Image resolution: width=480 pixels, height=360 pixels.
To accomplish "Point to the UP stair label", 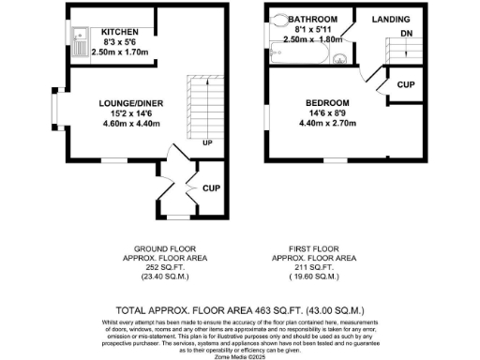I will point(207,142).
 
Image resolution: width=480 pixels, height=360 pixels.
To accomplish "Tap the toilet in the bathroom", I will point(280,19).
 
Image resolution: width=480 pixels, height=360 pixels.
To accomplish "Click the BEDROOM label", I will point(326,102).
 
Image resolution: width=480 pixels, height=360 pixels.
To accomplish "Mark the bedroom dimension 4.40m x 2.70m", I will point(326,123).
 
